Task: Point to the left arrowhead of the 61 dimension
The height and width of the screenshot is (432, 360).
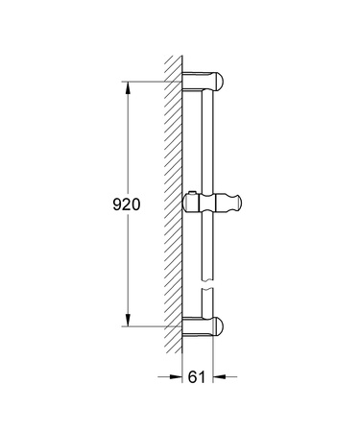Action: pyautogui.click(x=179, y=376)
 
